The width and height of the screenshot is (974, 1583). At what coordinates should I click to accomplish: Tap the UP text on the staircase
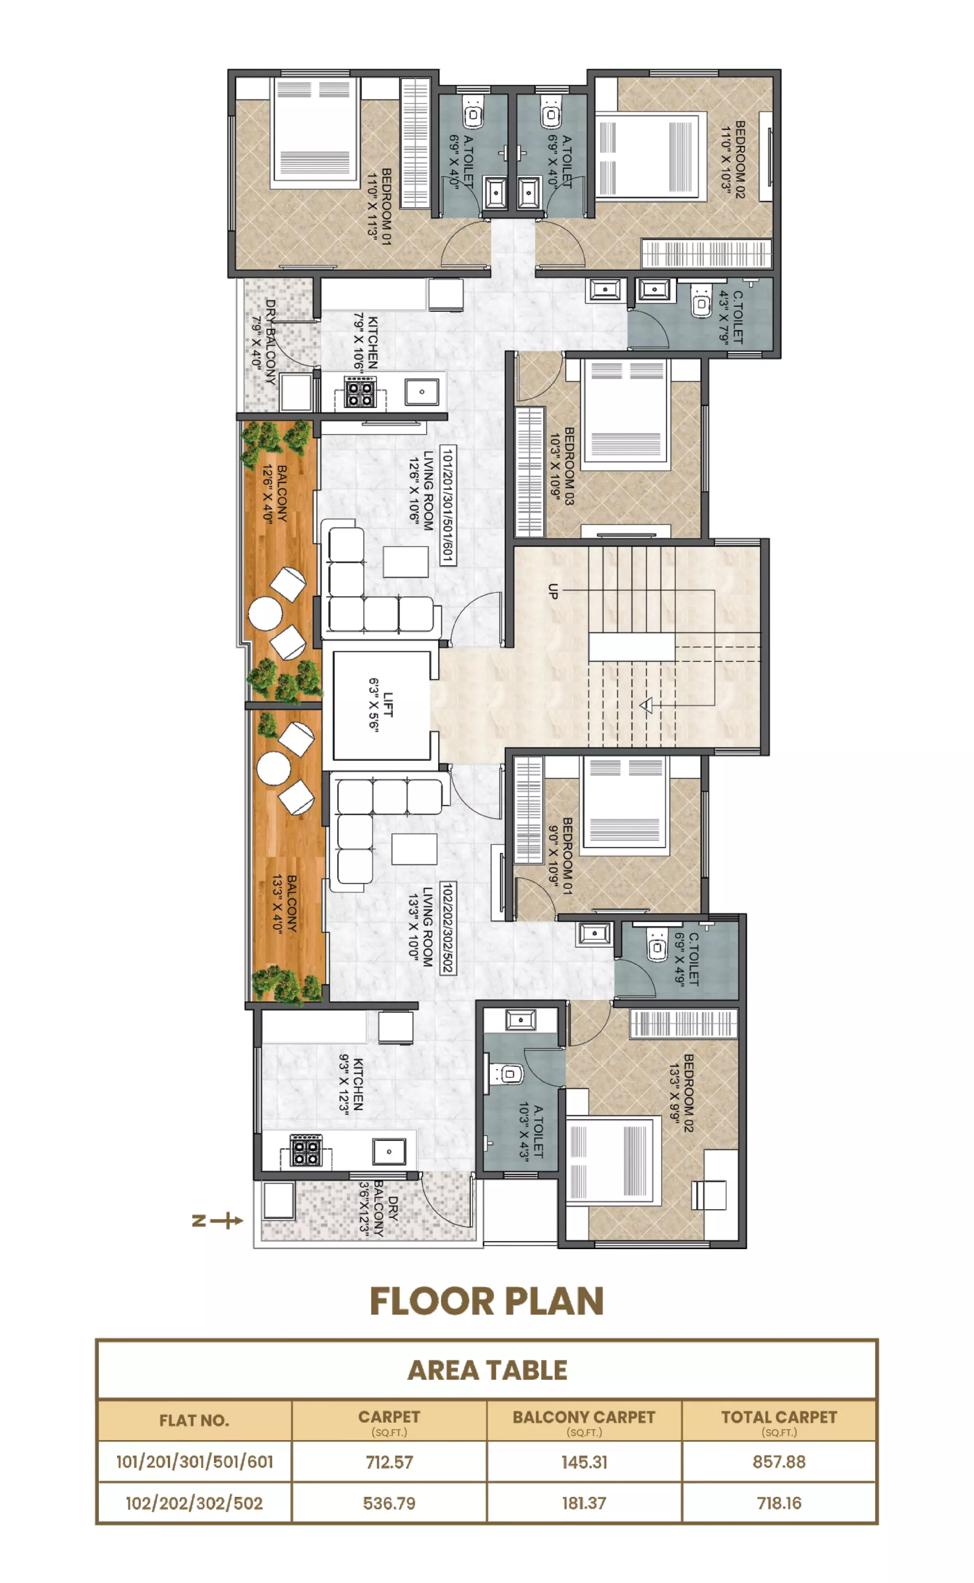pos(553,591)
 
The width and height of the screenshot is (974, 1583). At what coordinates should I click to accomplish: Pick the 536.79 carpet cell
pos(389,1503)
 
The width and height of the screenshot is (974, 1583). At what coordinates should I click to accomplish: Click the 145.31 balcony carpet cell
pos(584,1461)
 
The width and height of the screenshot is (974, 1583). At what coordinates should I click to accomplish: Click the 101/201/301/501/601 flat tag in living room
pos(448,505)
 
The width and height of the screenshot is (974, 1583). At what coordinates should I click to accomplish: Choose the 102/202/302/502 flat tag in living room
pos(448,927)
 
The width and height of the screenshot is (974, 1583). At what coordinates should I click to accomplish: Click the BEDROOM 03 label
pos(562,465)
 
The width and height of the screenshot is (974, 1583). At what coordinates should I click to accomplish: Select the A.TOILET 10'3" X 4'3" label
pos(531,1133)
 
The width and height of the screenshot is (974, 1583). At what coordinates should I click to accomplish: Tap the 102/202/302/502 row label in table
pos(194,1503)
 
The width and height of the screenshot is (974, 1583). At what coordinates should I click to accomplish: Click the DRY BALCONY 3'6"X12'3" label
pos(379,1208)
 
